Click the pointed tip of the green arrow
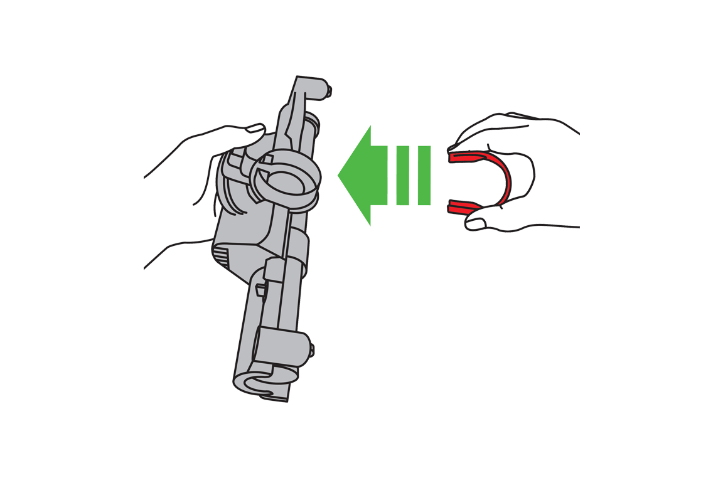tap(340, 175)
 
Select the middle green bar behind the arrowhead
tap(403, 175)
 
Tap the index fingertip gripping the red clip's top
tap(455, 146)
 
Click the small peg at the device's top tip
tap(329, 92)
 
